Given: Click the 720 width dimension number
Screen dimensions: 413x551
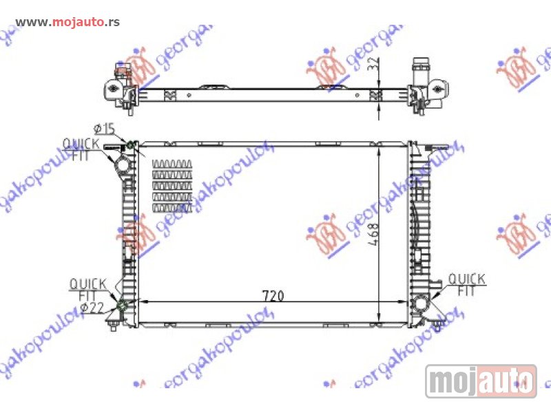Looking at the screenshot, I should [x=273, y=295].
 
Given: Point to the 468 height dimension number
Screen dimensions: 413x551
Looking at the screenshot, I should [x=371, y=237].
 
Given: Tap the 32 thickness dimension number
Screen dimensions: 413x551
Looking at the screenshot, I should [x=373, y=67].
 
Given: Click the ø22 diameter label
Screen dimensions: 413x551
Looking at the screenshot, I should [x=92, y=307].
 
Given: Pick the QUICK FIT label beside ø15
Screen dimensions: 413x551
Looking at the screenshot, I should [x=81, y=149].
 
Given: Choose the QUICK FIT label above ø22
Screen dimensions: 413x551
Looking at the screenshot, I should [x=87, y=288].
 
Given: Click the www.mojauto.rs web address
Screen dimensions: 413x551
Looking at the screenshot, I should [x=67, y=22].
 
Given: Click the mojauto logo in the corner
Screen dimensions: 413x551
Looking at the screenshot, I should [x=481, y=381].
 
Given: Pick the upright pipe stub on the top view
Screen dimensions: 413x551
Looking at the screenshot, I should [x=419, y=71].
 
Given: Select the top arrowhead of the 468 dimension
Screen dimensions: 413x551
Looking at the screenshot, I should [x=380, y=148].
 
